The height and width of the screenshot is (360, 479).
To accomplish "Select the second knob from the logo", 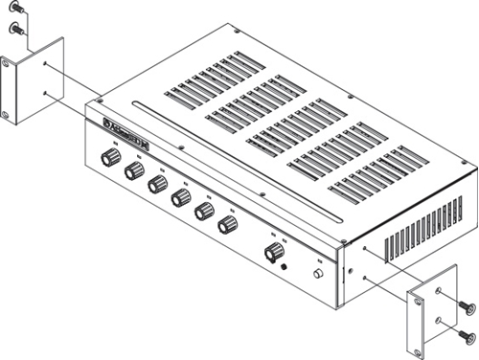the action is [x=134, y=172].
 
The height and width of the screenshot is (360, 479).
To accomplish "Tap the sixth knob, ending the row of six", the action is [x=228, y=225].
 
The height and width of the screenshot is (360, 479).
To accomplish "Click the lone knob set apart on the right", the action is [x=274, y=252].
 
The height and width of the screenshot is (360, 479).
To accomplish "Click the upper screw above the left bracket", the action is [x=15, y=10].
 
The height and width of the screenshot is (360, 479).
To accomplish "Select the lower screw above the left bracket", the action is [x=15, y=29].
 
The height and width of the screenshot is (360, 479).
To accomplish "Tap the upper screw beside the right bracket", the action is [x=467, y=306].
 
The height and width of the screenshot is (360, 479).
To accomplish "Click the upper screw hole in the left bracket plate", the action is [x=45, y=65].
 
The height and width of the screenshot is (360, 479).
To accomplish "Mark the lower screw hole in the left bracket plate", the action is [x=45, y=93].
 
